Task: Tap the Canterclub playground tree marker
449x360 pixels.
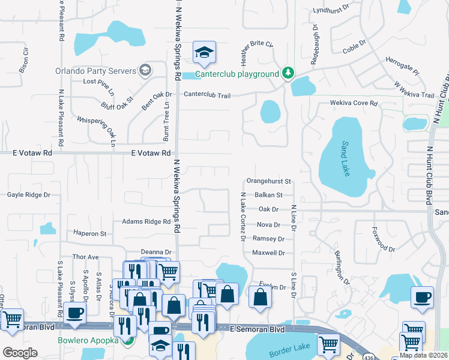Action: pos(289,73)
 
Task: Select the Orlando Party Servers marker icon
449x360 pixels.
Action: pos(144,71)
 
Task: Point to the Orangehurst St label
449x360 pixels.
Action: pos(268,181)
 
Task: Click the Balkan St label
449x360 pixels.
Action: pos(268,195)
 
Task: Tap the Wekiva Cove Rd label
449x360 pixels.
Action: pos(354,103)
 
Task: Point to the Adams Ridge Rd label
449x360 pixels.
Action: pos(146,222)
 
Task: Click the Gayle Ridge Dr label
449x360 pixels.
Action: pos(29,195)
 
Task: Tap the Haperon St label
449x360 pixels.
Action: pos(89,233)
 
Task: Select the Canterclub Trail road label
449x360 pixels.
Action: pos(207,95)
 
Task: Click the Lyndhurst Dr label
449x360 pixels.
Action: pos(331,10)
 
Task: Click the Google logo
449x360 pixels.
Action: pos(20,353)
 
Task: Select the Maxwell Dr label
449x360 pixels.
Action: pos(268,253)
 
